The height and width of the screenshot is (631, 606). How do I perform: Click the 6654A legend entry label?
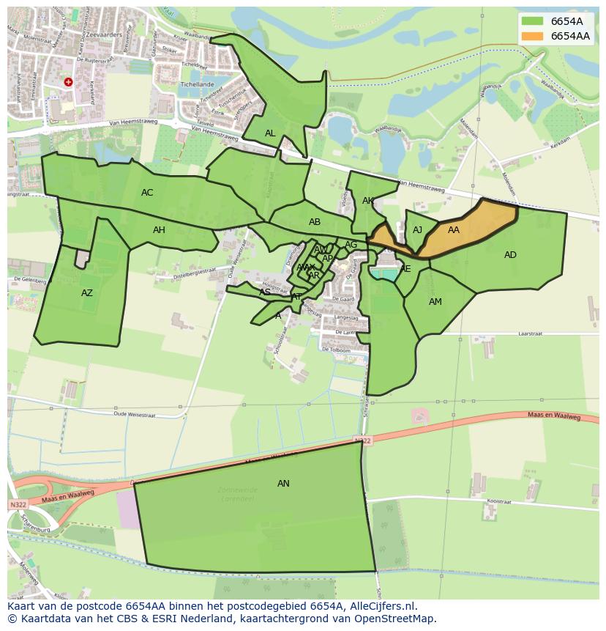tap(566, 21)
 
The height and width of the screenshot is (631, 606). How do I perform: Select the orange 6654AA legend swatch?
tap(533, 36)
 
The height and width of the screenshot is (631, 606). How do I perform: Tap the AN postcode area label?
tap(283, 484)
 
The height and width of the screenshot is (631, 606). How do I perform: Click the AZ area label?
tap(87, 293)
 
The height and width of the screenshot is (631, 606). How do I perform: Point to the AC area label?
tap(147, 193)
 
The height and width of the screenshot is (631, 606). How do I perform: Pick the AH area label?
tap(159, 230)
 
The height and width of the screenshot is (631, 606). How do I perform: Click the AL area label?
tap(270, 133)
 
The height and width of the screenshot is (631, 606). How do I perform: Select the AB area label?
tap(315, 222)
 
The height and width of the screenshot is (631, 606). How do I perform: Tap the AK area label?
tap(368, 201)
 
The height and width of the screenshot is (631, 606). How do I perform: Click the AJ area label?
tap(417, 230)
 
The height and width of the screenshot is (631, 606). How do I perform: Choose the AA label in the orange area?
tap(454, 230)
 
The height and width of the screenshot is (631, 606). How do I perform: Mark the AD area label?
tap(510, 255)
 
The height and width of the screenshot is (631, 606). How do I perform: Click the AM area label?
tap(435, 302)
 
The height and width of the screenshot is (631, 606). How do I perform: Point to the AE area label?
tap(405, 269)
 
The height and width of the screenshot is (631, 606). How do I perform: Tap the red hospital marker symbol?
tap(68, 82)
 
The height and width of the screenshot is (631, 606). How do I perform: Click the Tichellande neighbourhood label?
tap(197, 84)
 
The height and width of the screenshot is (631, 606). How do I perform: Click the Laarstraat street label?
tap(528, 333)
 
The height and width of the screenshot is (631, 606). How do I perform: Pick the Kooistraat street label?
tap(498, 501)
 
